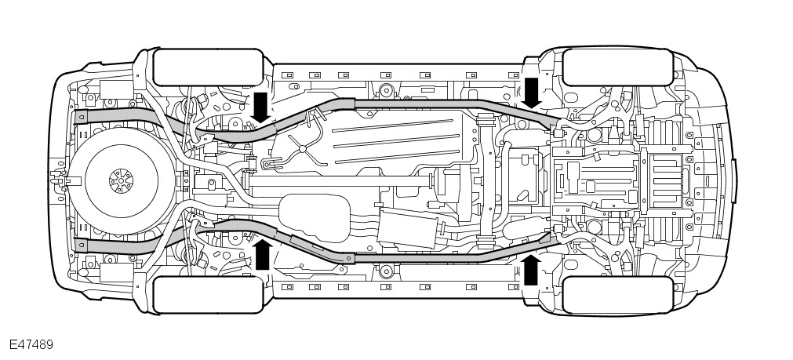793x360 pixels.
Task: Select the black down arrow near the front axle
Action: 532,92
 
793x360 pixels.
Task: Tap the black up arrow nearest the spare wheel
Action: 263,254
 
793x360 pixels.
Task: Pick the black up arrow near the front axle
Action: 531,269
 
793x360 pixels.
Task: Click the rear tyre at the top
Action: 207,67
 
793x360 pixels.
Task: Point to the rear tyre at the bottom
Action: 207,294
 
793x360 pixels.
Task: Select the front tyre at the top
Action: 617,67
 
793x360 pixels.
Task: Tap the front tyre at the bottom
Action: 617,294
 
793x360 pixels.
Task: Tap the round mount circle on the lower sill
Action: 385,273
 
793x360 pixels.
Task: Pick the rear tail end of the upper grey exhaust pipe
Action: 78,117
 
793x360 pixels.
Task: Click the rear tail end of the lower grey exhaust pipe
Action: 78,243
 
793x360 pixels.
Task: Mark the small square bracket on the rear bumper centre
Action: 57,180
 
